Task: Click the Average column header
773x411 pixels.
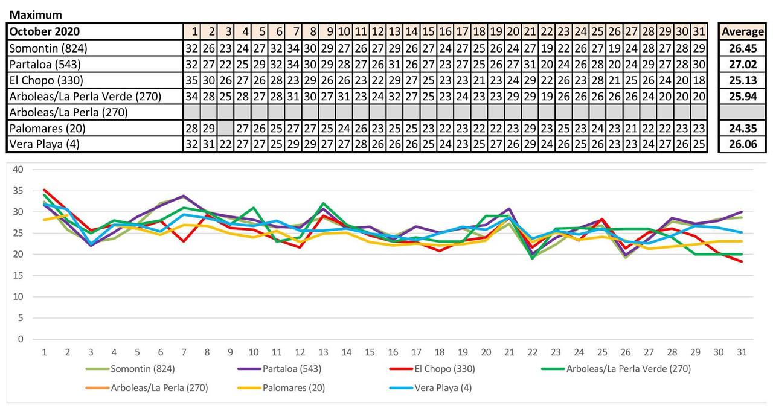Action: pos(743,31)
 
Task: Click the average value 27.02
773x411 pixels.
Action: pos(743,64)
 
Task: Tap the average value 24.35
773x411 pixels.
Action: pos(743,128)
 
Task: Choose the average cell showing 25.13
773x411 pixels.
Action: pos(743,80)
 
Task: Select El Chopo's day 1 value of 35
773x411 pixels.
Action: pos(191,80)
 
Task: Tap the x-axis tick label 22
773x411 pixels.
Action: pos(532,351)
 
